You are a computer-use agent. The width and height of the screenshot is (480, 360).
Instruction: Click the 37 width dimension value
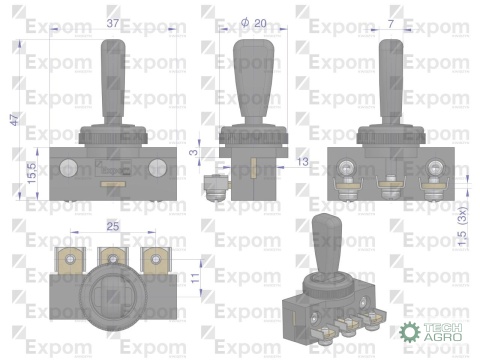tap(113, 23)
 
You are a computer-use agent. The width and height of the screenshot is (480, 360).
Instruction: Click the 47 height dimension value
tap(15, 120)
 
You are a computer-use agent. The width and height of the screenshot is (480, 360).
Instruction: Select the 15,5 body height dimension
tap(32, 173)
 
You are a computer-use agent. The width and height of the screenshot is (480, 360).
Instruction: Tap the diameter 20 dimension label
tap(254, 23)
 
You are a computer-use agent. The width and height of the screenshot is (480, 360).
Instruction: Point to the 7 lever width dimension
tap(391, 24)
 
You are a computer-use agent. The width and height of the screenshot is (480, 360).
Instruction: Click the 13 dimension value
tap(303, 162)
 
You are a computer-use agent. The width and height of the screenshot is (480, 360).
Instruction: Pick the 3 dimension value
tap(193, 152)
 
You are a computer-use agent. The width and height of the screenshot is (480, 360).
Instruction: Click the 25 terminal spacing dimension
tap(113, 226)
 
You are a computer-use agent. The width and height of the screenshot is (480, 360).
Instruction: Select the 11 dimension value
tap(195, 276)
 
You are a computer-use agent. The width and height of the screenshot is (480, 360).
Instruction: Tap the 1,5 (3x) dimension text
tap(463, 227)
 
